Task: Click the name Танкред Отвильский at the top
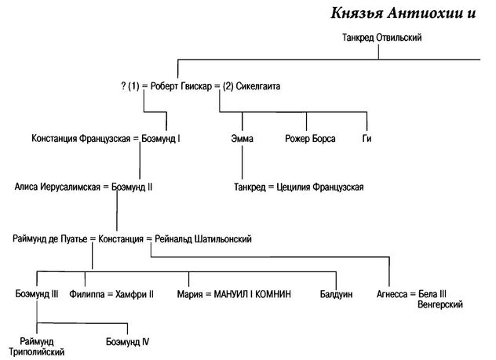point(381,38)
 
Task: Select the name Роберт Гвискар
point(181,86)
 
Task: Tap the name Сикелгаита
point(257,86)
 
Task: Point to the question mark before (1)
point(123,86)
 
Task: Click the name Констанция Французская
point(81,139)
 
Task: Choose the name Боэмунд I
point(161,139)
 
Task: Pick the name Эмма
point(242,139)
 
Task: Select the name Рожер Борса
point(310,139)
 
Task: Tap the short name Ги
point(367,139)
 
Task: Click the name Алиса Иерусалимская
point(57,187)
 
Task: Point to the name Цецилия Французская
point(319,187)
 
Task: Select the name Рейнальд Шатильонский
point(203,239)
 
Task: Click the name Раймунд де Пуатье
point(50,239)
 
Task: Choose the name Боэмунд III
point(37,294)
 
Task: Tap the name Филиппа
point(87,294)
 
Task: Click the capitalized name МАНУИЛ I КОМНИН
point(252,294)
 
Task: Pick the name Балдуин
point(336,294)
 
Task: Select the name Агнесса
point(392,294)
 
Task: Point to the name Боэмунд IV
point(127,342)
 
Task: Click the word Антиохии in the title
point(425,13)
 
